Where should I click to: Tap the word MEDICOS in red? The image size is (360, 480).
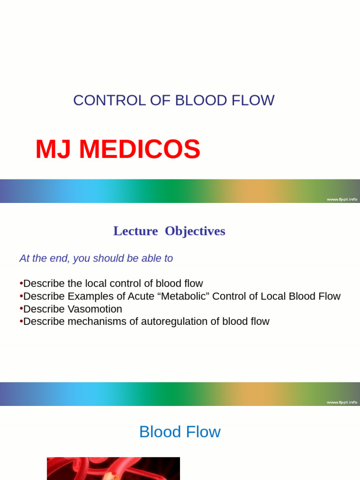point(140,150)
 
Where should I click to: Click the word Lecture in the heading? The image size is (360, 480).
point(135,231)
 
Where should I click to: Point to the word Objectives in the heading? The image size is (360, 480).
point(195,231)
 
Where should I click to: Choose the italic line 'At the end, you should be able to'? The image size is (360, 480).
point(96,258)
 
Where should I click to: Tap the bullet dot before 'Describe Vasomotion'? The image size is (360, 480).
point(21,309)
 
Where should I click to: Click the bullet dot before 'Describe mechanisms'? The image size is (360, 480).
point(21,321)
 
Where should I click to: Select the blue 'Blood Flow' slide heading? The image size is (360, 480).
point(180,432)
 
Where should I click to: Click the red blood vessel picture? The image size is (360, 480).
point(113,469)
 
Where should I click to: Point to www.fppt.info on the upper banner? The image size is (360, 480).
point(342,199)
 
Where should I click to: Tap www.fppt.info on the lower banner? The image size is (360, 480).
point(342,402)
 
